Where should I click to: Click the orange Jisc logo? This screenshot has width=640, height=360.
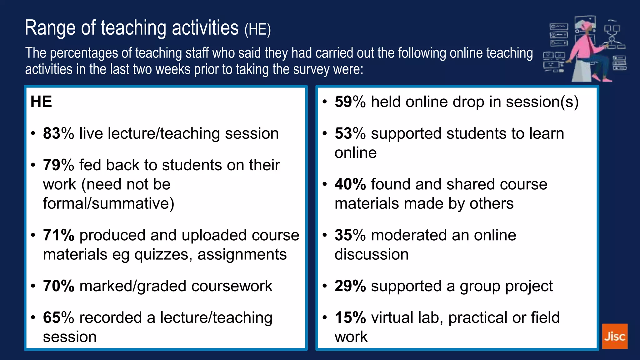click(x=614, y=336)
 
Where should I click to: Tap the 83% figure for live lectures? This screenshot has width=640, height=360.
click(x=58, y=133)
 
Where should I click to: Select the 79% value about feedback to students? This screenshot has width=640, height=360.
click(x=58, y=165)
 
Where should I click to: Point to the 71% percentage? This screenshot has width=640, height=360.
click(x=58, y=235)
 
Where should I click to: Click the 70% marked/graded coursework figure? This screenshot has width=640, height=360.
click(x=58, y=286)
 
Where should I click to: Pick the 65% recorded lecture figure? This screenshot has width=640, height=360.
click(x=58, y=317)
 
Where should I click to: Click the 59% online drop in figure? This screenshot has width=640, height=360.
click(x=350, y=102)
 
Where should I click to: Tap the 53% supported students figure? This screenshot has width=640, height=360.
click(x=350, y=133)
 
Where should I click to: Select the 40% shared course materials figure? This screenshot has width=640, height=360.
click(x=350, y=184)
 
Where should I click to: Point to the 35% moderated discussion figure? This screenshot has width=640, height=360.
click(x=350, y=235)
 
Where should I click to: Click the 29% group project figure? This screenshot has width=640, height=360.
click(x=350, y=286)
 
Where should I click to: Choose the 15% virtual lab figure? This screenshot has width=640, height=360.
click(x=350, y=317)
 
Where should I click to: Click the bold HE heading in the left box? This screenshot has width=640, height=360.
click(x=41, y=102)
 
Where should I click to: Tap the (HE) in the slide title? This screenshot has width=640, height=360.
click(x=257, y=29)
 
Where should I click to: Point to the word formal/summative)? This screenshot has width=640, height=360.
click(x=108, y=203)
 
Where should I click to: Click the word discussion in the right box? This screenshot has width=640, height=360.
click(x=371, y=254)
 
